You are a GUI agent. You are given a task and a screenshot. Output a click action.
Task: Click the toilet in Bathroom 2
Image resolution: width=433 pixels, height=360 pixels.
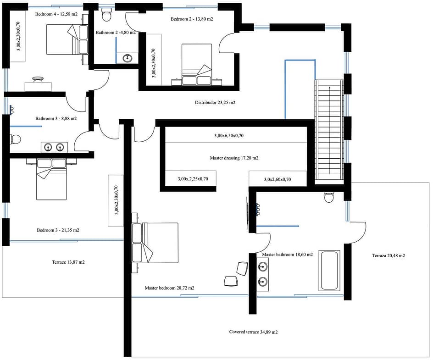tap(106, 15)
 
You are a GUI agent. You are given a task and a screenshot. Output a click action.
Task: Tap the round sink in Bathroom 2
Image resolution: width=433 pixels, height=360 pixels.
tap(128, 58)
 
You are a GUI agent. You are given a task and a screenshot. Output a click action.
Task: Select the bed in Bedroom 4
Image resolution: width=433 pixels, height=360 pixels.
tap(67, 39)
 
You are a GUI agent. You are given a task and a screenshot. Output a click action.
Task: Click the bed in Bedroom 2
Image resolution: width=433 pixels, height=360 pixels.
tap(197, 64)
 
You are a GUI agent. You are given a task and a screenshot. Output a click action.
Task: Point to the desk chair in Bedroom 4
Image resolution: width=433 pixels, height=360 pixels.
tap(38, 80)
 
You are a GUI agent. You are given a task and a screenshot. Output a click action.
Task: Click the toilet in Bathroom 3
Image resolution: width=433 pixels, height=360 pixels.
tap(15, 139)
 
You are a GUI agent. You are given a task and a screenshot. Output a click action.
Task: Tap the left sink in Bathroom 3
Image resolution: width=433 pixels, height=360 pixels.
tap(48, 147)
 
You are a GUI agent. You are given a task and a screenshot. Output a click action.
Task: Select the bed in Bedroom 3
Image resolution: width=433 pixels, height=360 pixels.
tap(51, 179)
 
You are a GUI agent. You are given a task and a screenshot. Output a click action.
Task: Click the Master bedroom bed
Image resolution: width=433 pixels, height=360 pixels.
tap(155, 243)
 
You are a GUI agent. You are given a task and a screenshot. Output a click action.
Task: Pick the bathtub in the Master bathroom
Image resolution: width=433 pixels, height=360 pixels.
tap(329, 270)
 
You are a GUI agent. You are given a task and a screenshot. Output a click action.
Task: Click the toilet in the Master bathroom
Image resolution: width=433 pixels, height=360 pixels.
tap(329, 197)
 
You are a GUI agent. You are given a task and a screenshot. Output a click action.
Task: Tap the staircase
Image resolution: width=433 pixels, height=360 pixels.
tap(329, 132)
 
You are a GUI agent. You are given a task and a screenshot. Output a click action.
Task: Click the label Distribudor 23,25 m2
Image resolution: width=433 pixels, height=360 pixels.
tap(215, 102)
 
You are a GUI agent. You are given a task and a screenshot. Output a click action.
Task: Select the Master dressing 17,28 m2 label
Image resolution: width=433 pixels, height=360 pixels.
tap(234, 158)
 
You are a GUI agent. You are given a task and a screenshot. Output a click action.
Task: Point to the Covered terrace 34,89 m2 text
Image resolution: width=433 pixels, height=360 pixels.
tap(254, 332)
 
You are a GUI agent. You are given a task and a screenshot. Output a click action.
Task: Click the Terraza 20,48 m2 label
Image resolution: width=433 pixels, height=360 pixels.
tap(389, 255)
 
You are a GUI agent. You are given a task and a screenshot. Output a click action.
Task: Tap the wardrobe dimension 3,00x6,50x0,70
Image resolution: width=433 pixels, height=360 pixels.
tap(229, 136)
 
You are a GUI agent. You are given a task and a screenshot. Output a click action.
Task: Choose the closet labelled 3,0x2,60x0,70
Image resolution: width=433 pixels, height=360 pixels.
tap(278, 178)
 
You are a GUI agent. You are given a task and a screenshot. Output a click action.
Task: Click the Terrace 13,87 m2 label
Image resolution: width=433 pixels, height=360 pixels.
tap(68, 262)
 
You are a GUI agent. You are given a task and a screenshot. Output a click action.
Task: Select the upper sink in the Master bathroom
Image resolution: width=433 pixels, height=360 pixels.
tap(263, 266)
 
